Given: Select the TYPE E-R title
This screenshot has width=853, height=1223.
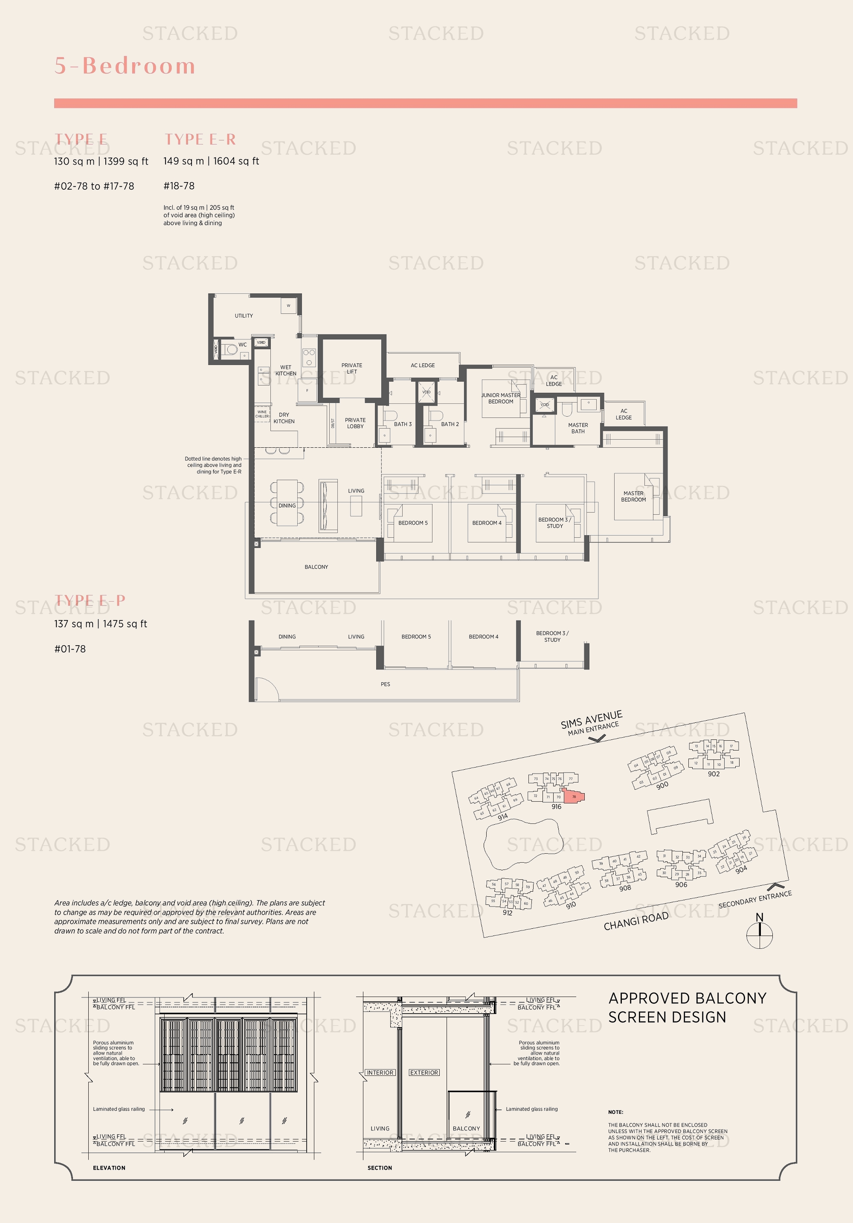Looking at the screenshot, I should click(200, 139).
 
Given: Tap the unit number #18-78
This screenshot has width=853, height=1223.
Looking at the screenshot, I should click(179, 186).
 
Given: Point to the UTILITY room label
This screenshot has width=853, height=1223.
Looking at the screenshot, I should click(244, 316).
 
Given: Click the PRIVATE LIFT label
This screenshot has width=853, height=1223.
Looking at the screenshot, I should click(351, 368).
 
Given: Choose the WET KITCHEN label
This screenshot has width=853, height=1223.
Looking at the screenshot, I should click(286, 370).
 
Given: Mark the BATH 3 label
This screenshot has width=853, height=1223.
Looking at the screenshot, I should click(403, 424).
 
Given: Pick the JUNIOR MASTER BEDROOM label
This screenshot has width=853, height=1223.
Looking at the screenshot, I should click(501, 398).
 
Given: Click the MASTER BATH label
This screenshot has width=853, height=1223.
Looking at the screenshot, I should click(578, 428).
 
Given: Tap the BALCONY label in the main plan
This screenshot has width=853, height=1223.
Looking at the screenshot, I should click(316, 567).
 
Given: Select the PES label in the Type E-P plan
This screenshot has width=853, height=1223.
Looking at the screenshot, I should click(385, 684).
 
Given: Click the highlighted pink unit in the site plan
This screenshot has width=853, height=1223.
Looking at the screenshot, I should click(574, 797).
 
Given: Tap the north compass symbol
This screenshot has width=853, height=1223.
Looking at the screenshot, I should click(759, 935).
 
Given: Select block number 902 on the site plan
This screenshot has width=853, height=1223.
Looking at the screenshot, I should click(714, 774).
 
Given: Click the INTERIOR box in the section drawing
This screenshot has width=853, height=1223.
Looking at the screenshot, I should click(380, 1072).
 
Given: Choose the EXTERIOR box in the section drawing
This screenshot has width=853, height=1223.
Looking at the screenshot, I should click(424, 1072).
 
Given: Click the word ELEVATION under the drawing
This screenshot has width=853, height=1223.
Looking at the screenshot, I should click(109, 1168).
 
